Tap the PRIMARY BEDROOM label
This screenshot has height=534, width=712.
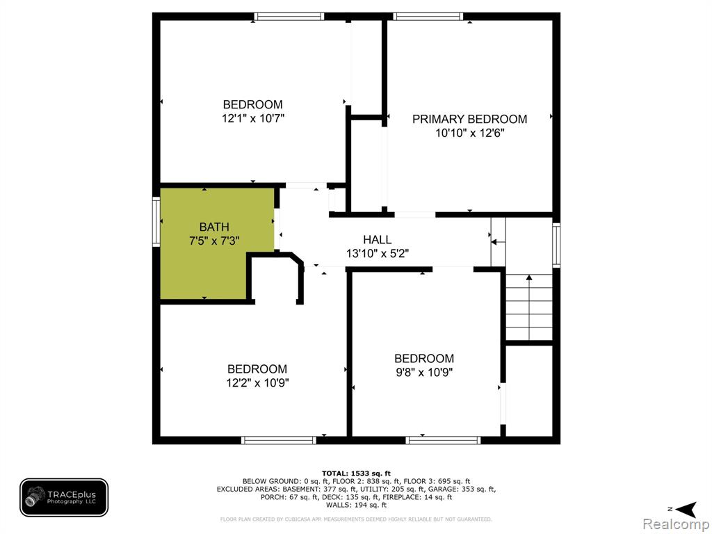[x=469, y=119]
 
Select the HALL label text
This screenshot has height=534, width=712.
[x=377, y=240]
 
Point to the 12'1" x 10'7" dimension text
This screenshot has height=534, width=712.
[x=253, y=118]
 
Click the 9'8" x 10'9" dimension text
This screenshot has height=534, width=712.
[x=424, y=373]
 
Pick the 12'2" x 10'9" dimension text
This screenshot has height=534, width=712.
[x=257, y=383]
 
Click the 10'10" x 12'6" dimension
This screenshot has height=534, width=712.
[x=470, y=133]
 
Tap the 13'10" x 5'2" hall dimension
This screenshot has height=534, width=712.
[x=378, y=253]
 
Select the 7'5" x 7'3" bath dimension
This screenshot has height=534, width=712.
[x=214, y=241]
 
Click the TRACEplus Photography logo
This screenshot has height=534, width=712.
[x=64, y=497]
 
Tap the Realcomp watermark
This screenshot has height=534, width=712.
[x=677, y=524]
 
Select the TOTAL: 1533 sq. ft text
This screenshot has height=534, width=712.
[x=356, y=473]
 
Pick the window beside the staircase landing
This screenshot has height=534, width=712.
[x=556, y=244]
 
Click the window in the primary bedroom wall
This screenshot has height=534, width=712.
[x=428, y=17]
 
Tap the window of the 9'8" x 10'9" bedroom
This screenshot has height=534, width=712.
[x=443, y=440]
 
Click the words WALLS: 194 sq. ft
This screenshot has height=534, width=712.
[x=356, y=505]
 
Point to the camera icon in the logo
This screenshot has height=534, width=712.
[x=35, y=496]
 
